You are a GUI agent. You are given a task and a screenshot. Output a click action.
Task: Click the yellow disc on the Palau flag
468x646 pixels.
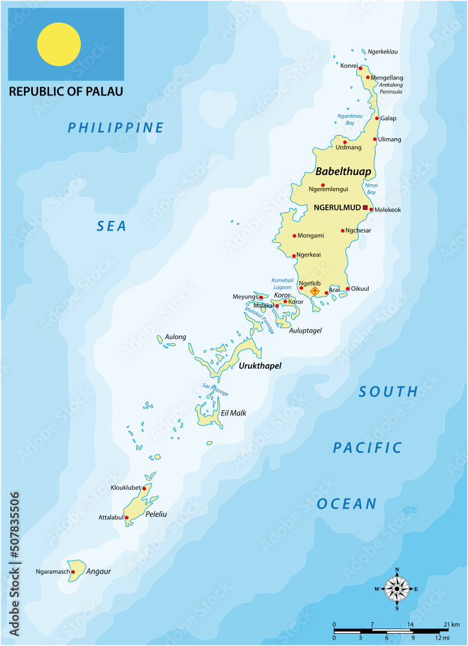59,45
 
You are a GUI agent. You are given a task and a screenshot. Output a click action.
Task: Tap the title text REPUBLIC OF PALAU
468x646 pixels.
66,92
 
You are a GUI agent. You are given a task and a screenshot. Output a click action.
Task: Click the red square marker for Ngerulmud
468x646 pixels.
365,207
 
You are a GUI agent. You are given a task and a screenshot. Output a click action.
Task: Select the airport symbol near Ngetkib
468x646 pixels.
315,291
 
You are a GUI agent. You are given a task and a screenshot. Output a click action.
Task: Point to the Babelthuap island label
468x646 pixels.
343,171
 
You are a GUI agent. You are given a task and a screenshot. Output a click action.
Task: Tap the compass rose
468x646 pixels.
396,589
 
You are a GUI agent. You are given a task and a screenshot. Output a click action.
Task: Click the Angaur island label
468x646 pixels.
99,572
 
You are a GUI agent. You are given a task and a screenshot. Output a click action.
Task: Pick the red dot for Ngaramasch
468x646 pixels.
73,572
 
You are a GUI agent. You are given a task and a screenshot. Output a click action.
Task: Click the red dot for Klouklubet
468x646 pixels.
144,488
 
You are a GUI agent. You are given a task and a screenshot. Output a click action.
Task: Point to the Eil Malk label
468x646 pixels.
234,413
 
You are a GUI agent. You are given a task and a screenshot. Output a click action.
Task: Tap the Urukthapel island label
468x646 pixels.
260,366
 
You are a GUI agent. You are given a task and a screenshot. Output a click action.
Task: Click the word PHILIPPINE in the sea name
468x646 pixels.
116,128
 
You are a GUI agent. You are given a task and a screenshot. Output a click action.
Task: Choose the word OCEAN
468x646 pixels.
347,504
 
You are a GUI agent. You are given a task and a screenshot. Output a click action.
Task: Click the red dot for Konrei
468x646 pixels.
361,68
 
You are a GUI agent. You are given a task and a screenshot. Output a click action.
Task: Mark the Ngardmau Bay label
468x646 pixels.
346,119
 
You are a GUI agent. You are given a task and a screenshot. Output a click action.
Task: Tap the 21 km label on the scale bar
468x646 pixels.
450,625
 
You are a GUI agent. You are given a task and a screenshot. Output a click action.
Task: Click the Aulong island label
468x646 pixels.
176,337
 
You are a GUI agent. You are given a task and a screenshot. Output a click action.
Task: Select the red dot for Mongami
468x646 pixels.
294,235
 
